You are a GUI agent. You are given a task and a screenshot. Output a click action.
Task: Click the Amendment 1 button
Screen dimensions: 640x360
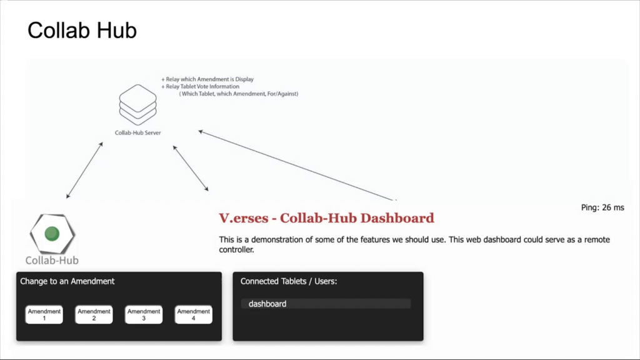click(44, 315)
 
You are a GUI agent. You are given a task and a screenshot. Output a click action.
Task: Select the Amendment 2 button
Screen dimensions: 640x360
click(94, 315)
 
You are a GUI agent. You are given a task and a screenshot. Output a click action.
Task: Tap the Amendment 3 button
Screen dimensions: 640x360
click(144, 315)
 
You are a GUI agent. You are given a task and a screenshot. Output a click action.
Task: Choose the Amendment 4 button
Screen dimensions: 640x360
click(194, 315)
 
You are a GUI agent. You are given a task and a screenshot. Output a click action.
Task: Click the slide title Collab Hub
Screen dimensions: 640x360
click(82, 31)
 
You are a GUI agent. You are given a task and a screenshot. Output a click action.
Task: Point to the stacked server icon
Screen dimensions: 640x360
click(138, 104)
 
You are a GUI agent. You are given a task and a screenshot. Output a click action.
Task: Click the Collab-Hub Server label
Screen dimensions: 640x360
click(138, 132)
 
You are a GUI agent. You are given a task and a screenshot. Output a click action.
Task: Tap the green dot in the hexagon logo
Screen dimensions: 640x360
click(52, 234)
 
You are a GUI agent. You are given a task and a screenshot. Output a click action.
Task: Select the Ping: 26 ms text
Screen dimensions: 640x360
click(602, 207)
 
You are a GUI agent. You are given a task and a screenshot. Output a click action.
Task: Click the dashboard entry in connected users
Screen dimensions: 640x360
click(267, 304)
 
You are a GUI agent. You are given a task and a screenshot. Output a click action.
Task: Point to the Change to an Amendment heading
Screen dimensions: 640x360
click(67, 281)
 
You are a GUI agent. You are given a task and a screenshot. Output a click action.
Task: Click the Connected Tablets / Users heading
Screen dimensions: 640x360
click(289, 281)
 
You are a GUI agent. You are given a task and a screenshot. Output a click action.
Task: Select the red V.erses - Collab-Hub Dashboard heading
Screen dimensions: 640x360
click(326, 218)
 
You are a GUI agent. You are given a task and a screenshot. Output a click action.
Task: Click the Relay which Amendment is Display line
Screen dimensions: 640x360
click(207, 79)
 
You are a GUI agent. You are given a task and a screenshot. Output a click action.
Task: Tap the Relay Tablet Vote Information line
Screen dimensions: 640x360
click(200, 86)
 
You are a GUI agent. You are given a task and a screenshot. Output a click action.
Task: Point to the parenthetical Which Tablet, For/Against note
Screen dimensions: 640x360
click(239, 94)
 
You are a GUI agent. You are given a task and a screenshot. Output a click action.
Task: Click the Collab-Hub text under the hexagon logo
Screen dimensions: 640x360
click(52, 261)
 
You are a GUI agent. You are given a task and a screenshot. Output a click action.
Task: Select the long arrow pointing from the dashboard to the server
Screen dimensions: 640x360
click(297, 166)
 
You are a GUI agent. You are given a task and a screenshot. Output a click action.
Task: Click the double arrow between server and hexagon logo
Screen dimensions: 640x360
click(84, 170)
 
